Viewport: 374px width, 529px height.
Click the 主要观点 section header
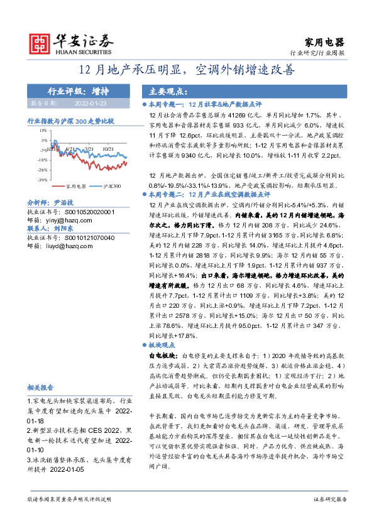[168, 90]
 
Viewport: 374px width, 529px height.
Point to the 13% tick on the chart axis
[42, 131]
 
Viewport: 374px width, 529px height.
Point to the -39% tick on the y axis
[41, 179]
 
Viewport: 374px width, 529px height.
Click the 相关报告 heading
[40, 387]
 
